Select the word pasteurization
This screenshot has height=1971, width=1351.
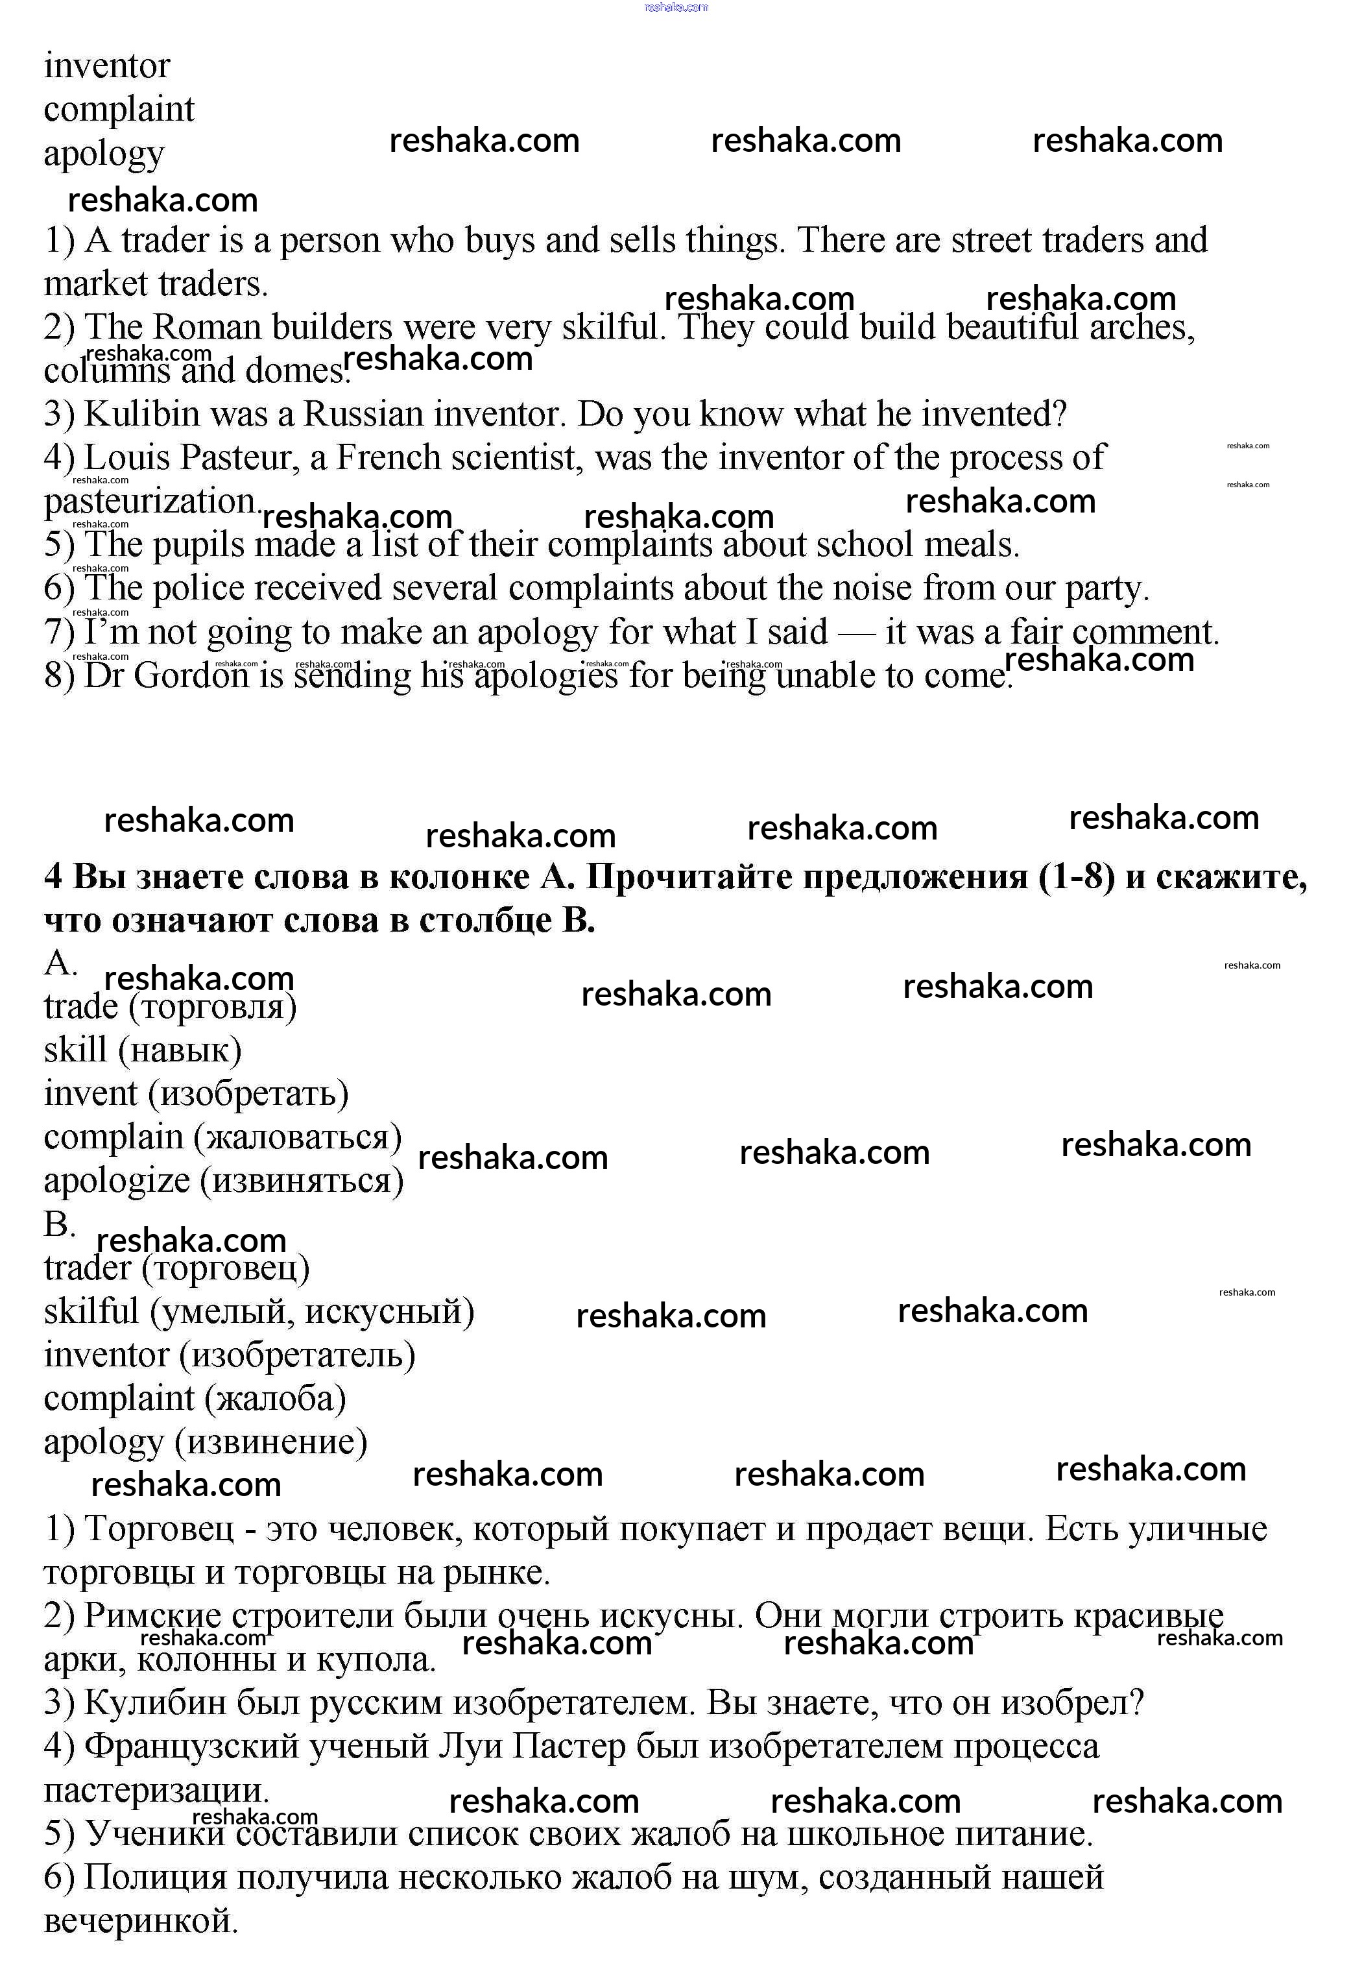pos(149,502)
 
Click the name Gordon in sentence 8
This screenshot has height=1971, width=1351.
pos(191,676)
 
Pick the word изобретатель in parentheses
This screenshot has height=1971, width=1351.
pos(297,1355)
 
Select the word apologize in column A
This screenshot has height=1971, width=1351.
pos(117,1181)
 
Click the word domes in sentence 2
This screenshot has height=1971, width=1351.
pos(294,370)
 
